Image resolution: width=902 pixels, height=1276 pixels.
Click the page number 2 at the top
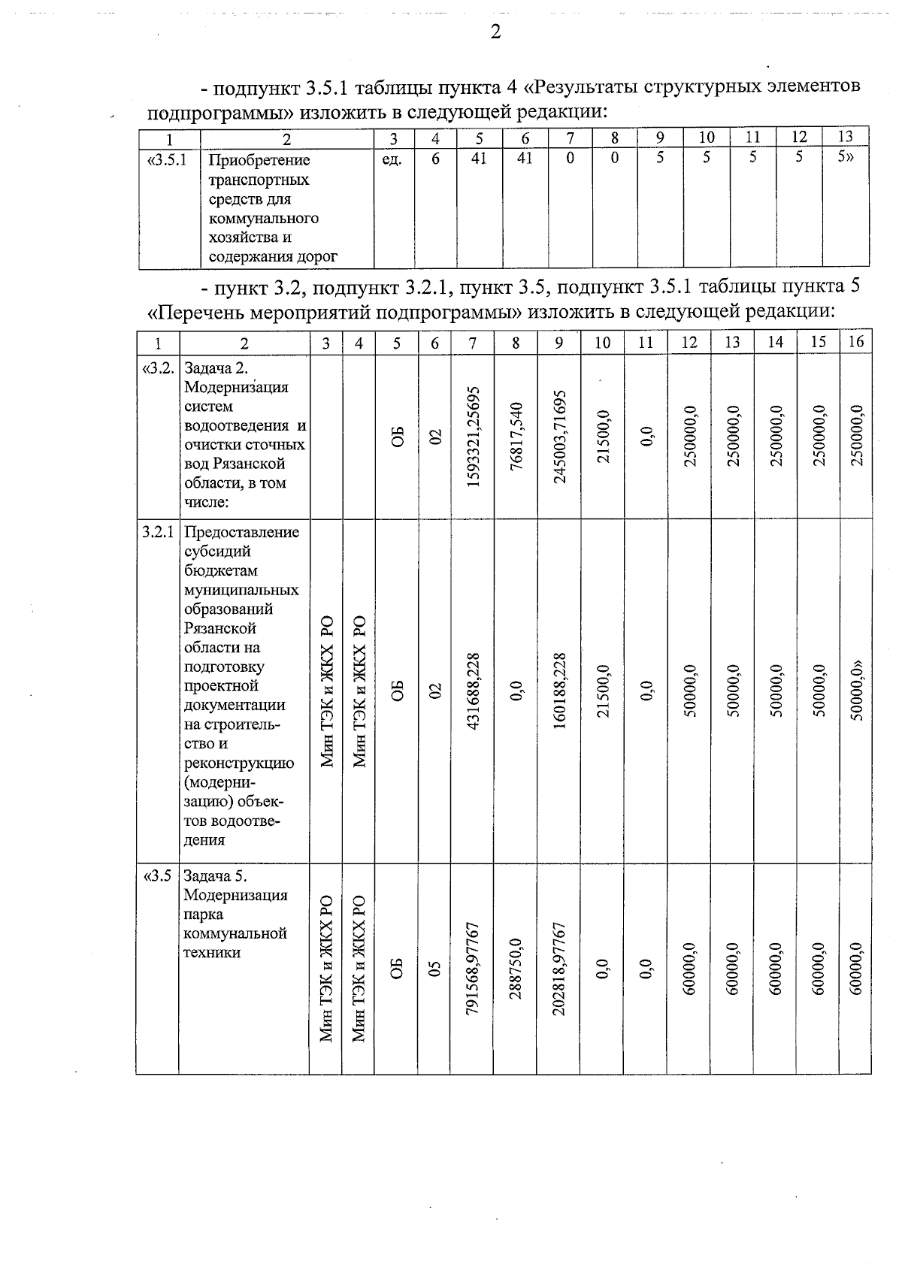pyautogui.click(x=495, y=32)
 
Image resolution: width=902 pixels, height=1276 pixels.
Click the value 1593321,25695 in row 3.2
pyautogui.click(x=473, y=436)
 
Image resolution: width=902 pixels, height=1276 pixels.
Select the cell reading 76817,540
pyautogui.click(x=516, y=436)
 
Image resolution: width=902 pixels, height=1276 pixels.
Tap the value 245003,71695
pyautogui.click(x=559, y=436)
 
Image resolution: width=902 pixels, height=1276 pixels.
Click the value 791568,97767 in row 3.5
pyautogui.click(x=473, y=969)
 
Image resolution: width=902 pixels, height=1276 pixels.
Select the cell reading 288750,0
pyautogui.click(x=516, y=969)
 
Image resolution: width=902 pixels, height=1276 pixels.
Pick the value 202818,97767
pyautogui.click(x=559, y=969)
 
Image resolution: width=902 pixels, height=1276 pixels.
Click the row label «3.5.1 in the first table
pyautogui.click(x=169, y=159)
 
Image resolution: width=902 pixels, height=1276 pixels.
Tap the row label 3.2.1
pyautogui.click(x=158, y=532)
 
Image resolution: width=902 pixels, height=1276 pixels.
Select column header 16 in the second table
pyautogui.click(x=855, y=343)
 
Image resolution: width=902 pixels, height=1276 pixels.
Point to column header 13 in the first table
pyautogui.click(x=846, y=138)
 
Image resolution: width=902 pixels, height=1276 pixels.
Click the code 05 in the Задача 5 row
pyautogui.click(x=434, y=969)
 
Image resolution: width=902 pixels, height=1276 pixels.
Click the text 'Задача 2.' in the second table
pyautogui.click(x=216, y=368)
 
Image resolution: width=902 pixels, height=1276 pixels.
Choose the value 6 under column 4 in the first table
pyautogui.click(x=435, y=159)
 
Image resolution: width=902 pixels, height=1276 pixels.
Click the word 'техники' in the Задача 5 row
pyautogui.click(x=213, y=953)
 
